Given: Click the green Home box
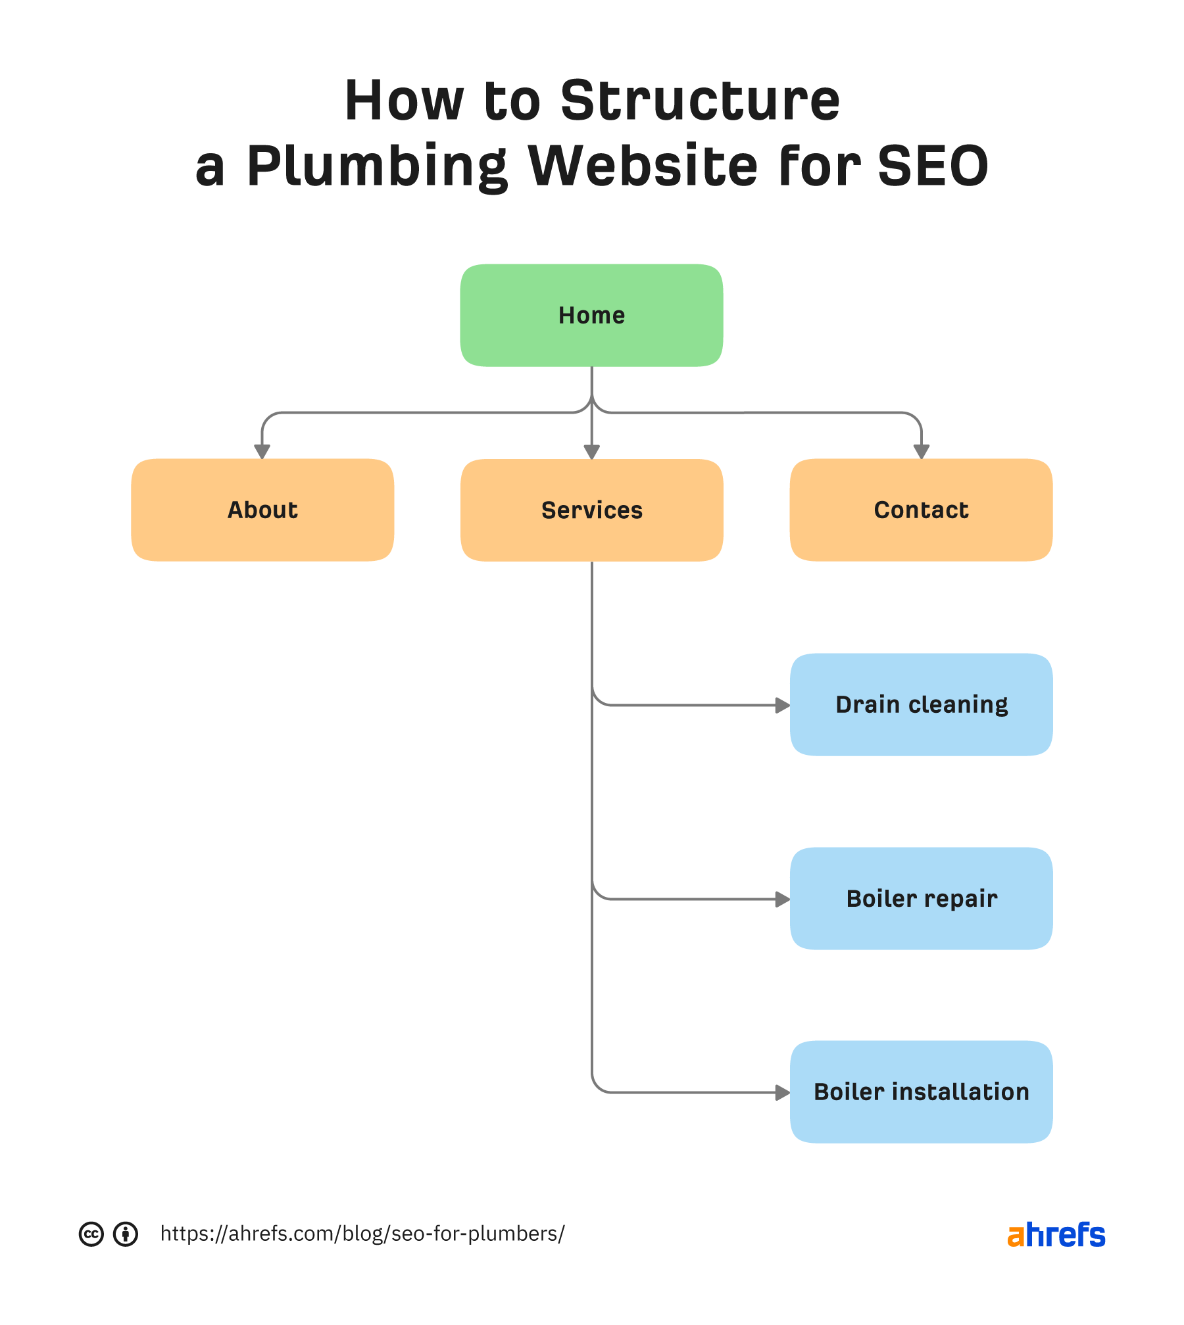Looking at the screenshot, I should [591, 315].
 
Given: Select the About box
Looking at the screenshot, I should [262, 510].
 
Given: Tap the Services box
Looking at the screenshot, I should [591, 510].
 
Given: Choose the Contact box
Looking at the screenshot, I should [921, 510].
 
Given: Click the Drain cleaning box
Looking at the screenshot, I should [921, 704].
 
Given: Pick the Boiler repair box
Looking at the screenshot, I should [921, 898].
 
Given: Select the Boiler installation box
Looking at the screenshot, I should [921, 1092].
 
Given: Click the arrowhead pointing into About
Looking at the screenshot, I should [262, 451].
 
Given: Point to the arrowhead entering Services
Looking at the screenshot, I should [592, 451].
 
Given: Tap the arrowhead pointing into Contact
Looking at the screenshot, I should [922, 451].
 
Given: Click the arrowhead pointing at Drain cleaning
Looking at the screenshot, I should [782, 706].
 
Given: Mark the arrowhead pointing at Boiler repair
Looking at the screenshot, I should [782, 900].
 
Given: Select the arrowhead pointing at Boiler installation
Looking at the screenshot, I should [782, 1093].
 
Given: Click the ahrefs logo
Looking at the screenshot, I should [1056, 1235].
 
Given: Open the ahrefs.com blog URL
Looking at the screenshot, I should [362, 1234].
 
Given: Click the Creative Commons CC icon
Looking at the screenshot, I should [91, 1234].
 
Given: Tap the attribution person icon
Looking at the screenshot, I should [126, 1234].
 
